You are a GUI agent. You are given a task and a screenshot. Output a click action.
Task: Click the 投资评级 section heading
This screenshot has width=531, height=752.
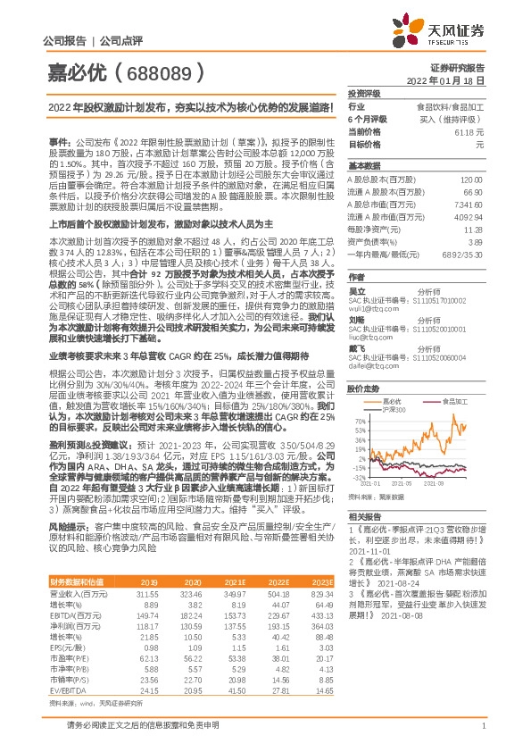coord(364,93)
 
